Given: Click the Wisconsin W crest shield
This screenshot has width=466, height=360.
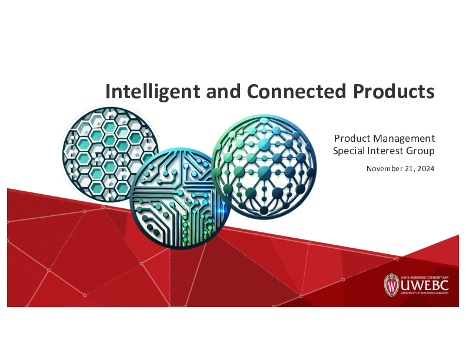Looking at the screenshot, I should click(x=391, y=285).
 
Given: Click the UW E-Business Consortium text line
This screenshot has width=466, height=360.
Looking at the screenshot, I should click(x=424, y=276).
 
